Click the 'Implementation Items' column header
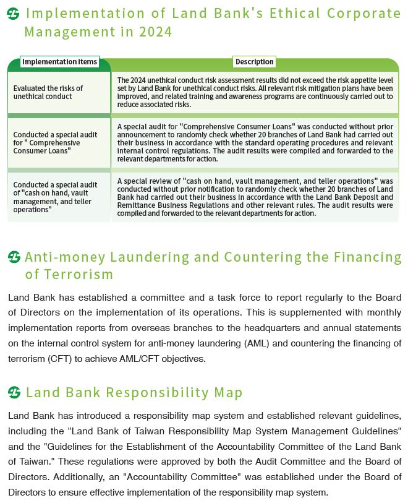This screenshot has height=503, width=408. coord(59,62)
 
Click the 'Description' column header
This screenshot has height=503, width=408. coord(254,62)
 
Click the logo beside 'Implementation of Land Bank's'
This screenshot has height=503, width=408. coord(14,13)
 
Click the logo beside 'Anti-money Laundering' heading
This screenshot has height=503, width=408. coord(14,257)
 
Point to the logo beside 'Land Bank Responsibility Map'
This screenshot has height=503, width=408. coord(14,392)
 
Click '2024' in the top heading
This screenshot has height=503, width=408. coord(156,31)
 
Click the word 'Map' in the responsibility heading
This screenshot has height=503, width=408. coord(229,392)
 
